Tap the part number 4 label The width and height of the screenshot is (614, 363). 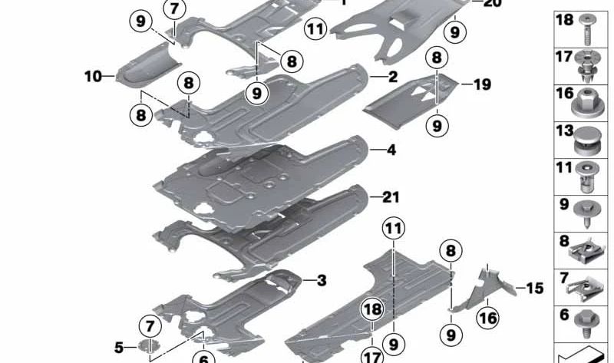(391, 150)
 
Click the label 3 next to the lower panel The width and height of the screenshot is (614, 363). (321, 281)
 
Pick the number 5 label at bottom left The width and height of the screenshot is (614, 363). (118, 348)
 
